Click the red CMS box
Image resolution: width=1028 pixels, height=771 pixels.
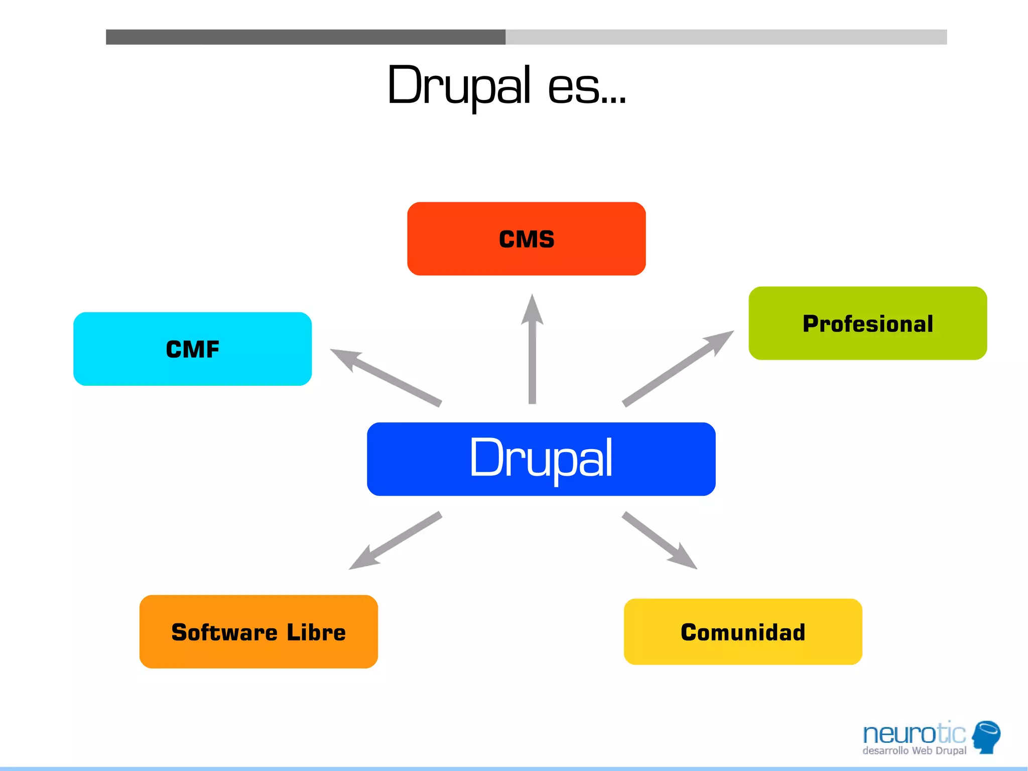click(x=526, y=239)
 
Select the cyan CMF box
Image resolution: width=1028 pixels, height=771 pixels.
click(x=192, y=349)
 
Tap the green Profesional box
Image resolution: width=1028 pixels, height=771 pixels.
click(x=867, y=323)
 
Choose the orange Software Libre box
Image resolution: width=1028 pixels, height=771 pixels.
click(x=259, y=632)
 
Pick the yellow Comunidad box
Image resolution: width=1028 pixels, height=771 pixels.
click(x=743, y=632)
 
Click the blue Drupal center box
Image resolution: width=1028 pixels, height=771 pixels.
click(x=541, y=459)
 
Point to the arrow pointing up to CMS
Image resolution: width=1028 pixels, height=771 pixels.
click(x=532, y=352)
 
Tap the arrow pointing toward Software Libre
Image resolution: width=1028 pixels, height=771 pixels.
click(x=394, y=541)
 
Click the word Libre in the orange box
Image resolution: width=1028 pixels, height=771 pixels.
click(x=316, y=632)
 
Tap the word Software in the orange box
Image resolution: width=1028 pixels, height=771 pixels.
click(x=224, y=632)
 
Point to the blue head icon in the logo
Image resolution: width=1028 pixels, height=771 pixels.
click(x=986, y=736)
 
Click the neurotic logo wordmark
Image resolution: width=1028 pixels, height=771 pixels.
click(x=914, y=734)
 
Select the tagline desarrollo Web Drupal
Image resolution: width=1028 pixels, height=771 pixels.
click(x=914, y=751)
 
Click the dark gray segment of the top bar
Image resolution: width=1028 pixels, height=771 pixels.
click(x=305, y=37)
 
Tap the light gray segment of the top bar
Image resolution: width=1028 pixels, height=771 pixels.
click(x=726, y=37)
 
